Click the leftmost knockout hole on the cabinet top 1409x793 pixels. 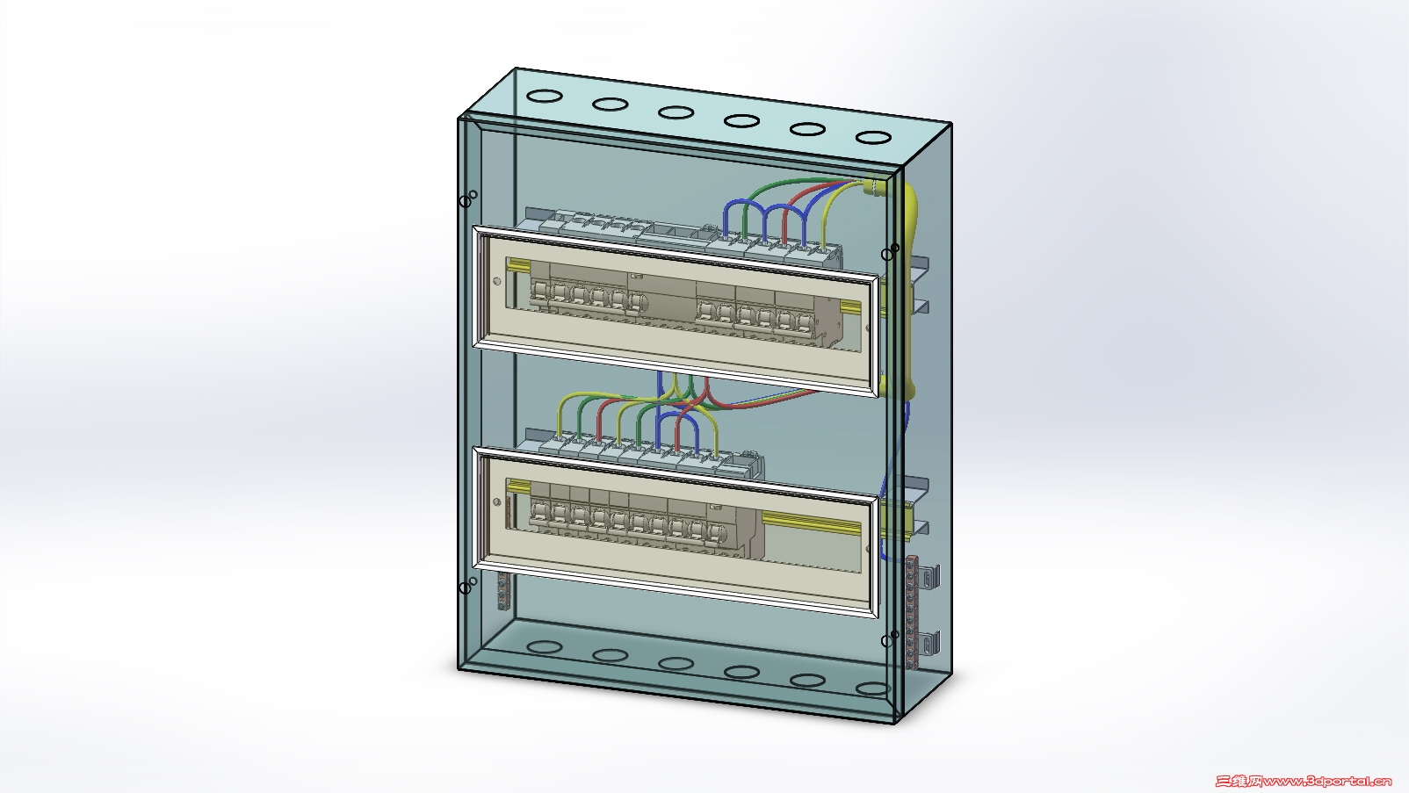[544, 97]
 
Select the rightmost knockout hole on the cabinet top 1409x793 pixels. [873, 138]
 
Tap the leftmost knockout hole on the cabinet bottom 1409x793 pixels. [545, 647]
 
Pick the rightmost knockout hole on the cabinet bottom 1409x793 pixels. [873, 688]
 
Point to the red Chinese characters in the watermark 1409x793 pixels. [1239, 781]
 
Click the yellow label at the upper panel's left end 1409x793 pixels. [519, 264]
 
